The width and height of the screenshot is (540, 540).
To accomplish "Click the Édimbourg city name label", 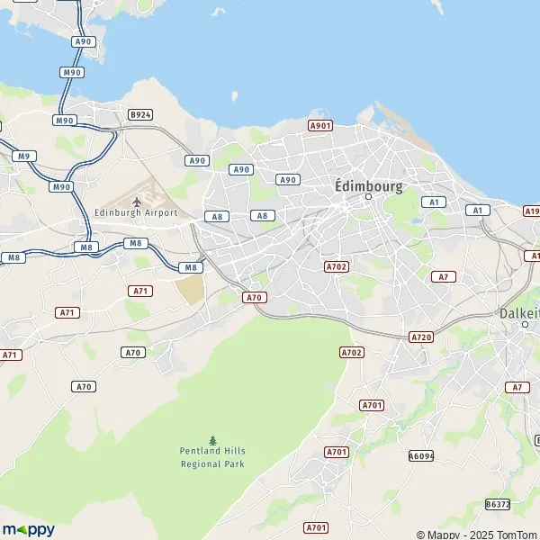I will coord(368,185).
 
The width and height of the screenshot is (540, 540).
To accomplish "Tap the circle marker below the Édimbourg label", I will coord(368,196).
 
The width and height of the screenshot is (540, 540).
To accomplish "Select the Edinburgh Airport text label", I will coord(136,212).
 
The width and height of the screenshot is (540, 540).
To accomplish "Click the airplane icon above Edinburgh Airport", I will coord(137,201).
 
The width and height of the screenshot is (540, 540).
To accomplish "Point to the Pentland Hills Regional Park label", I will coord(212,457).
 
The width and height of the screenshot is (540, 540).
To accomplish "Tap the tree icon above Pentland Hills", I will coord(212,440).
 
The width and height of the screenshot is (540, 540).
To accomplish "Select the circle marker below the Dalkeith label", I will coord(526,324).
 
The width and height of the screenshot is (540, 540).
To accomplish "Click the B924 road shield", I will coord(140,114).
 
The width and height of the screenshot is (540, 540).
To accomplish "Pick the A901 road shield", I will coord(320,126).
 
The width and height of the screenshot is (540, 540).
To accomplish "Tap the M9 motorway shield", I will coord(24,157).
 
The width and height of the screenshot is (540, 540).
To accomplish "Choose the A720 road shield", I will coord(420,337).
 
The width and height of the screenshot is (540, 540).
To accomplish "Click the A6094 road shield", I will coord(421,456).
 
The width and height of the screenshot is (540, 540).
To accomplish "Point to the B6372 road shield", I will coord(498,504).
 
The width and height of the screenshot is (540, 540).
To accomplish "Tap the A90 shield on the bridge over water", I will coord(84,41).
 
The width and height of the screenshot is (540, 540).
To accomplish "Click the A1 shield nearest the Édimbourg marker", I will coord(434,202).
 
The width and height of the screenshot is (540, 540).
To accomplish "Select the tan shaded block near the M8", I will coord(190,290).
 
